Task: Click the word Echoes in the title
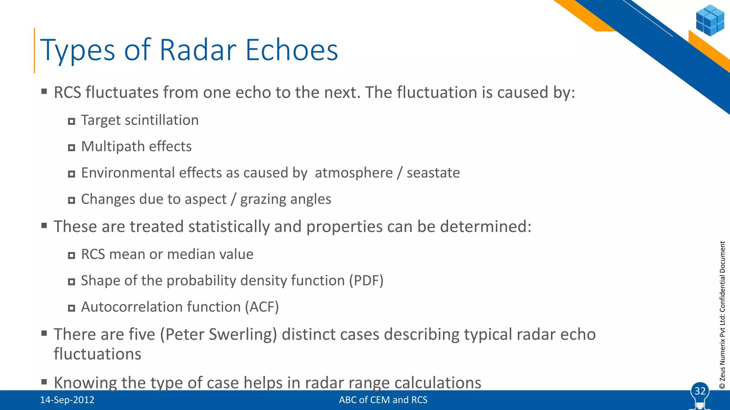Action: (x=292, y=50)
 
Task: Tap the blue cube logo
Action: (x=710, y=20)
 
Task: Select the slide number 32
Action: (x=700, y=391)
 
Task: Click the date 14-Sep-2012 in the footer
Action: (x=67, y=400)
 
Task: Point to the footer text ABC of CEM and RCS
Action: (x=383, y=400)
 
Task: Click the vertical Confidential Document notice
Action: (x=722, y=315)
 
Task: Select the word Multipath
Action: (x=112, y=147)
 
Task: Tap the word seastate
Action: (x=433, y=173)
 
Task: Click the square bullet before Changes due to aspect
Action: (x=72, y=200)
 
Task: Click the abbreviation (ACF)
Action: (x=262, y=307)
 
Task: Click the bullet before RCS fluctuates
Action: (x=44, y=92)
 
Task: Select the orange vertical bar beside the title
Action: (x=35, y=50)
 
